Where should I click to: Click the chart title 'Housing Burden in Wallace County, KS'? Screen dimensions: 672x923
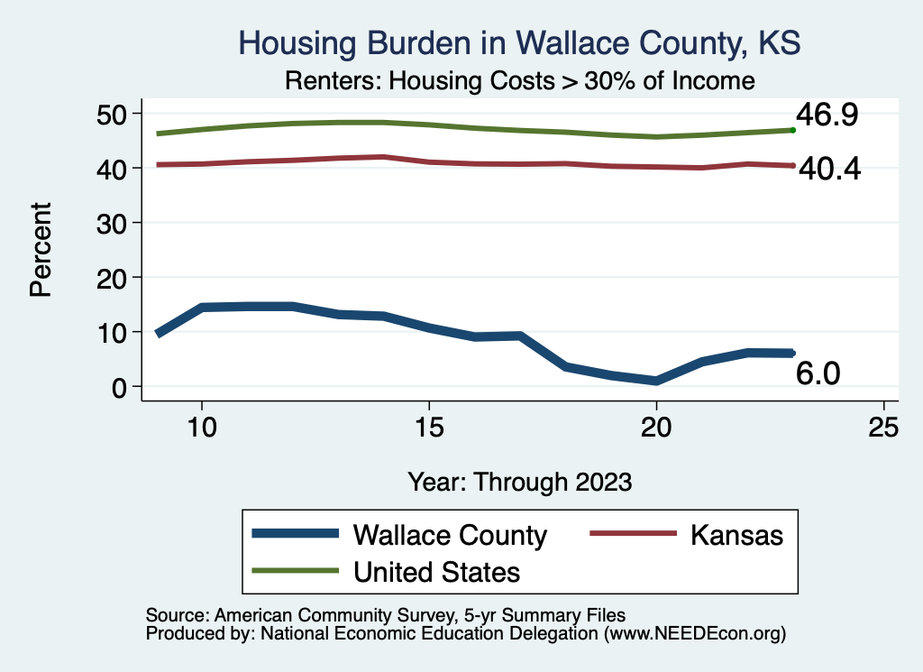(518, 43)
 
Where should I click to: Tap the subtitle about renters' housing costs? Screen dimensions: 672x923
(518, 81)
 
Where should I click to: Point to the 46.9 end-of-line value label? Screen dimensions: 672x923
(826, 115)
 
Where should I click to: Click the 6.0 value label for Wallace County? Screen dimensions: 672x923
(818, 373)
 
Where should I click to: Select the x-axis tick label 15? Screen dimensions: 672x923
(429, 428)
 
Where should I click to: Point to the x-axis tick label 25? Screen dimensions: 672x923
(883, 428)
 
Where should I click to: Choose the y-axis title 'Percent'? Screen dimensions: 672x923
(40, 250)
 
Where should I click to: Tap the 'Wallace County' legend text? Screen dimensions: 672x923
(450, 535)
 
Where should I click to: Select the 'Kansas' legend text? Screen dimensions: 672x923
(736, 535)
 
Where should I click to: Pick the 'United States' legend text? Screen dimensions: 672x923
(436, 571)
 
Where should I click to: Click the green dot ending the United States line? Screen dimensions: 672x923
(792, 130)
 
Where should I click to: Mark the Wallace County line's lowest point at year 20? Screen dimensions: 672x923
(656, 381)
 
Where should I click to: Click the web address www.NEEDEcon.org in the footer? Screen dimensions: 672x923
(694, 634)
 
